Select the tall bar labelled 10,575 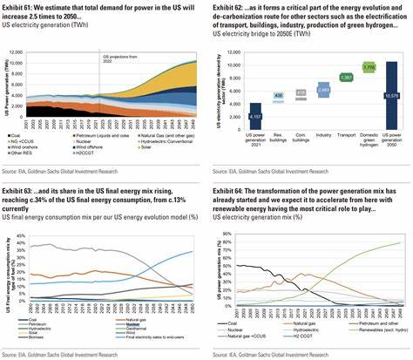[x=391, y=97]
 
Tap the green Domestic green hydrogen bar [x=368, y=66]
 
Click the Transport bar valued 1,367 [x=344, y=78]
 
